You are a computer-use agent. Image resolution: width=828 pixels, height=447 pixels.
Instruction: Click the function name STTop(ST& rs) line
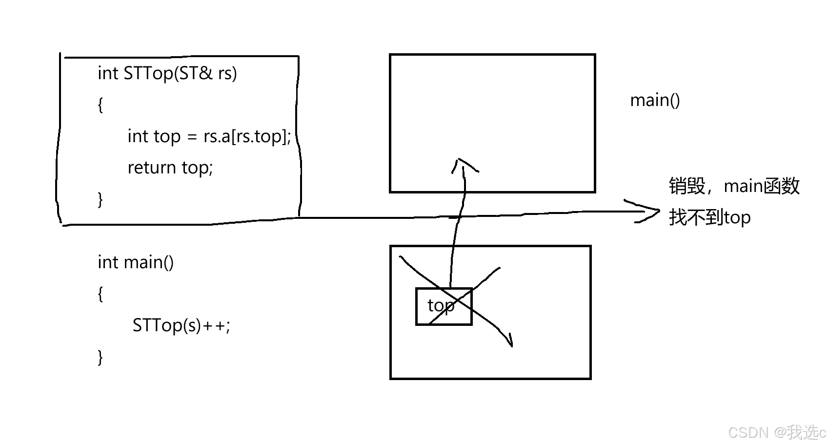click(x=167, y=73)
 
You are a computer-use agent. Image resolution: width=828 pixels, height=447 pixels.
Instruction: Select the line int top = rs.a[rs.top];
click(x=209, y=136)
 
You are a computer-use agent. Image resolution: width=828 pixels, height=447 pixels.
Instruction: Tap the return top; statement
click(x=170, y=168)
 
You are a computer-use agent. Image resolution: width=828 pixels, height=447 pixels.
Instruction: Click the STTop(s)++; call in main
click(x=181, y=325)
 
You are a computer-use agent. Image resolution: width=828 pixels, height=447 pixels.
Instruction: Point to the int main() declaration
click(x=135, y=262)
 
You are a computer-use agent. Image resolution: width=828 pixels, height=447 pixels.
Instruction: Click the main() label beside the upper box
click(x=655, y=100)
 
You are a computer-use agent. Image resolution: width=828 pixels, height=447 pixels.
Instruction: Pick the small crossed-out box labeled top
click(x=444, y=306)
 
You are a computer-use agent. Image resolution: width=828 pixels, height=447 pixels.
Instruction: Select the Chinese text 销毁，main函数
click(x=734, y=186)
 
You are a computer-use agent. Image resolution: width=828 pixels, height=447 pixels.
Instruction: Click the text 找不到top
click(x=709, y=217)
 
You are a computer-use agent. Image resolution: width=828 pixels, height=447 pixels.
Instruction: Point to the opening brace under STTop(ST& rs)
click(x=100, y=105)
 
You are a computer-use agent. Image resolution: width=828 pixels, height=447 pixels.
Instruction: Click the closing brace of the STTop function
click(x=100, y=199)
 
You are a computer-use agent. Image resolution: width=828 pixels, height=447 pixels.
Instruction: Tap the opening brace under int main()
click(x=100, y=294)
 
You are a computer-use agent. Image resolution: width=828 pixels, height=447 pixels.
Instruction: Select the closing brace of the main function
click(x=100, y=357)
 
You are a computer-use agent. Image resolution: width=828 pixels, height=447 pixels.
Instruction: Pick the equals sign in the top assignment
click(x=192, y=137)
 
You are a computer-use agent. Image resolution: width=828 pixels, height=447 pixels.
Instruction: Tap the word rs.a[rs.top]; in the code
click(x=247, y=136)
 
